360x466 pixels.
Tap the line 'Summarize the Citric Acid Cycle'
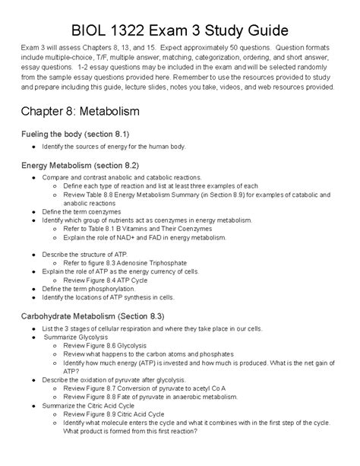pos(95,404)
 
